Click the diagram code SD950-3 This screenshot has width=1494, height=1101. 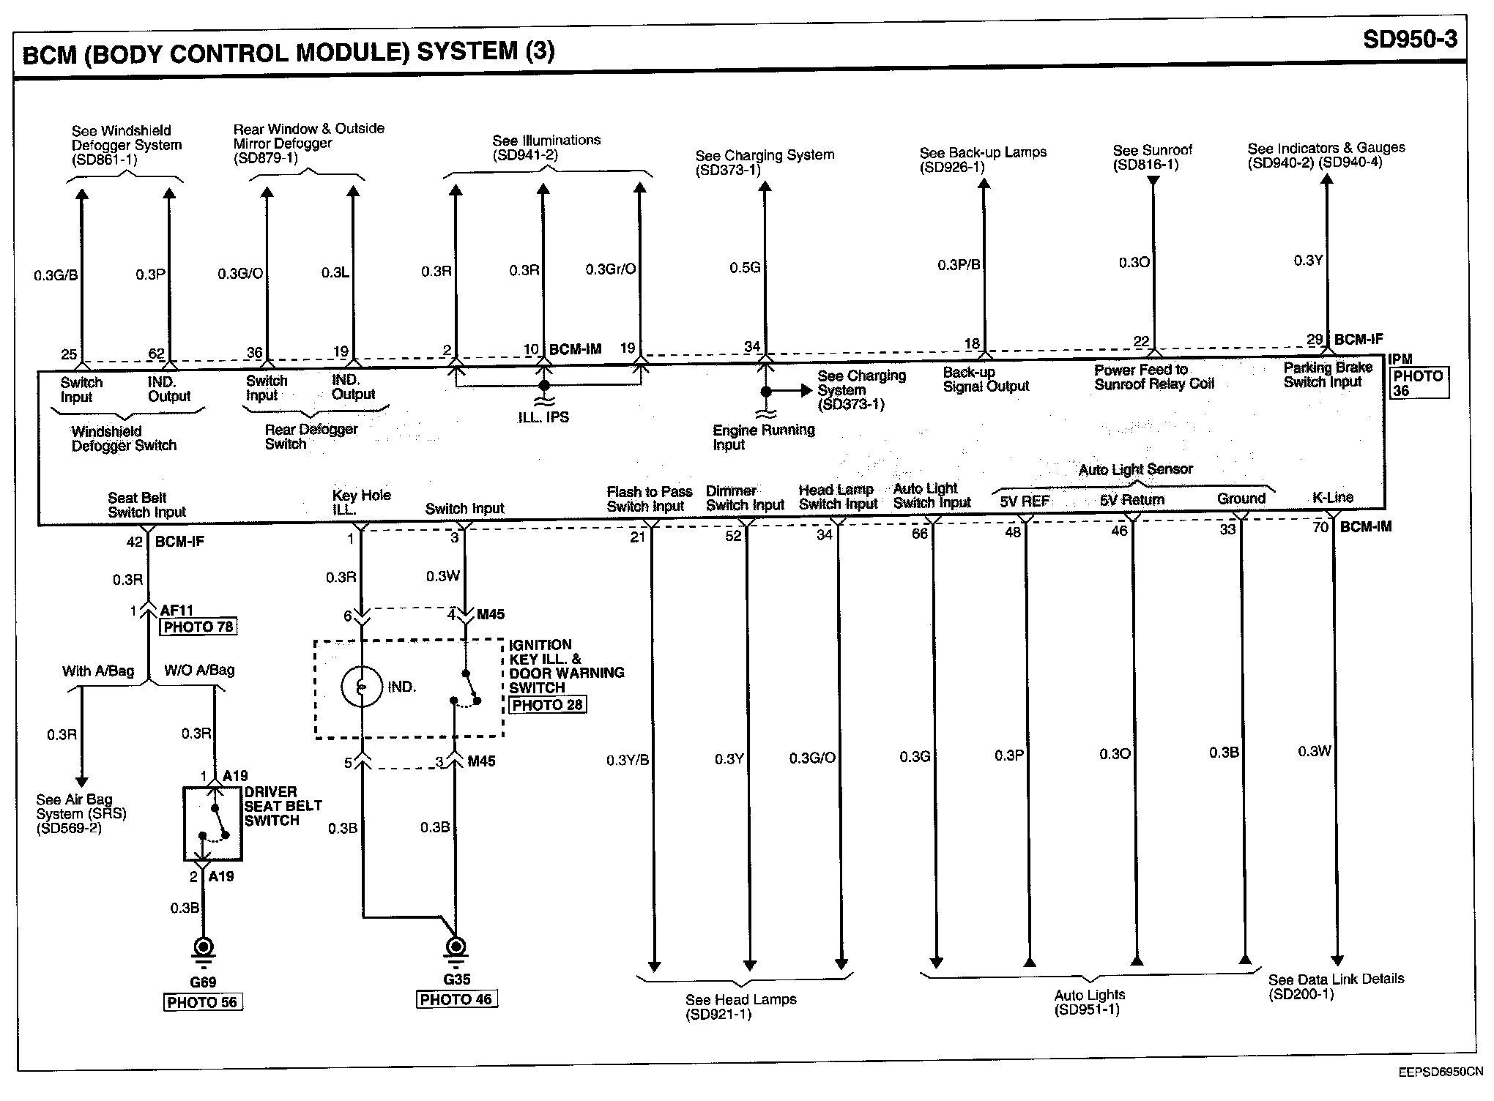(x=1410, y=39)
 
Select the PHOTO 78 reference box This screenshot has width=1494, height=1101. (x=198, y=627)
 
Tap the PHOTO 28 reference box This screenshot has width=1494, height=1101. (x=547, y=705)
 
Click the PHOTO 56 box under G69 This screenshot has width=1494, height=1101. (x=202, y=1002)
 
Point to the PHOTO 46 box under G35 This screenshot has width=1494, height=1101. (x=456, y=999)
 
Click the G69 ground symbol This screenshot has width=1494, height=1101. (x=203, y=949)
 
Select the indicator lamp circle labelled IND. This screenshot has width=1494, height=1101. (x=362, y=687)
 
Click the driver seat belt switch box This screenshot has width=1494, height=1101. (x=213, y=824)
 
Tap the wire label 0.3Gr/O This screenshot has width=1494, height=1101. (x=610, y=269)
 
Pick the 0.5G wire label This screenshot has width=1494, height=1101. (x=745, y=268)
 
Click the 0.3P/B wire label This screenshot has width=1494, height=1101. (x=959, y=265)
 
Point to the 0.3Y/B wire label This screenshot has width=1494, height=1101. (x=628, y=761)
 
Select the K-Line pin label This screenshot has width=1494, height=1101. (x=1333, y=498)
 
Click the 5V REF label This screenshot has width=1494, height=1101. (x=1025, y=501)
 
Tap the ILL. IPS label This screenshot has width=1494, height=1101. (x=543, y=417)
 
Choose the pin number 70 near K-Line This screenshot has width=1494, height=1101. (x=1320, y=527)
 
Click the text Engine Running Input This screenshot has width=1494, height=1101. (x=763, y=437)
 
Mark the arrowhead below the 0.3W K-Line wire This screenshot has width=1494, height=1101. (x=1337, y=961)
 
